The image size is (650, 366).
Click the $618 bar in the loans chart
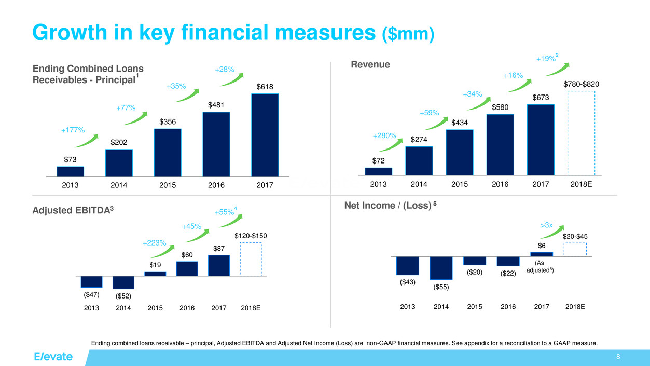pyautogui.click(x=265, y=135)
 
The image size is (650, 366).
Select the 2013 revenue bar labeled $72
pyautogui.click(x=378, y=172)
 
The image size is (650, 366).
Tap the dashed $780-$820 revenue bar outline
pyautogui.click(x=581, y=133)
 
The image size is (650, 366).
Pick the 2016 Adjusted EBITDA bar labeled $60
pyautogui.click(x=187, y=268)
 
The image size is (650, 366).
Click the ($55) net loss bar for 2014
pyautogui.click(x=441, y=268)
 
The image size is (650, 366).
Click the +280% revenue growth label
pyautogui.click(x=384, y=136)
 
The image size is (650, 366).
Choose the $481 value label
pyautogui.click(x=216, y=105)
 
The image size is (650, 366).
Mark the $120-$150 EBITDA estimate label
pyautogui.click(x=251, y=236)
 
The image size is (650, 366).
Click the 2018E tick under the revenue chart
pyautogui.click(x=581, y=184)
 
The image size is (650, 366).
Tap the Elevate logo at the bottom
pyautogui.click(x=53, y=357)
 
